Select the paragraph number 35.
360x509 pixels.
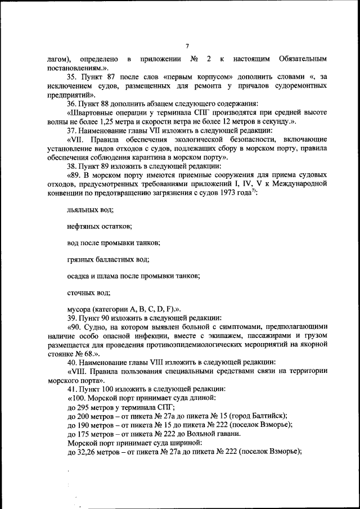tap(71, 77)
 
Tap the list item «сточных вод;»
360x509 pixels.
tap(88, 292)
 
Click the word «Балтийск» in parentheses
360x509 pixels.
tap(267, 416)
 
